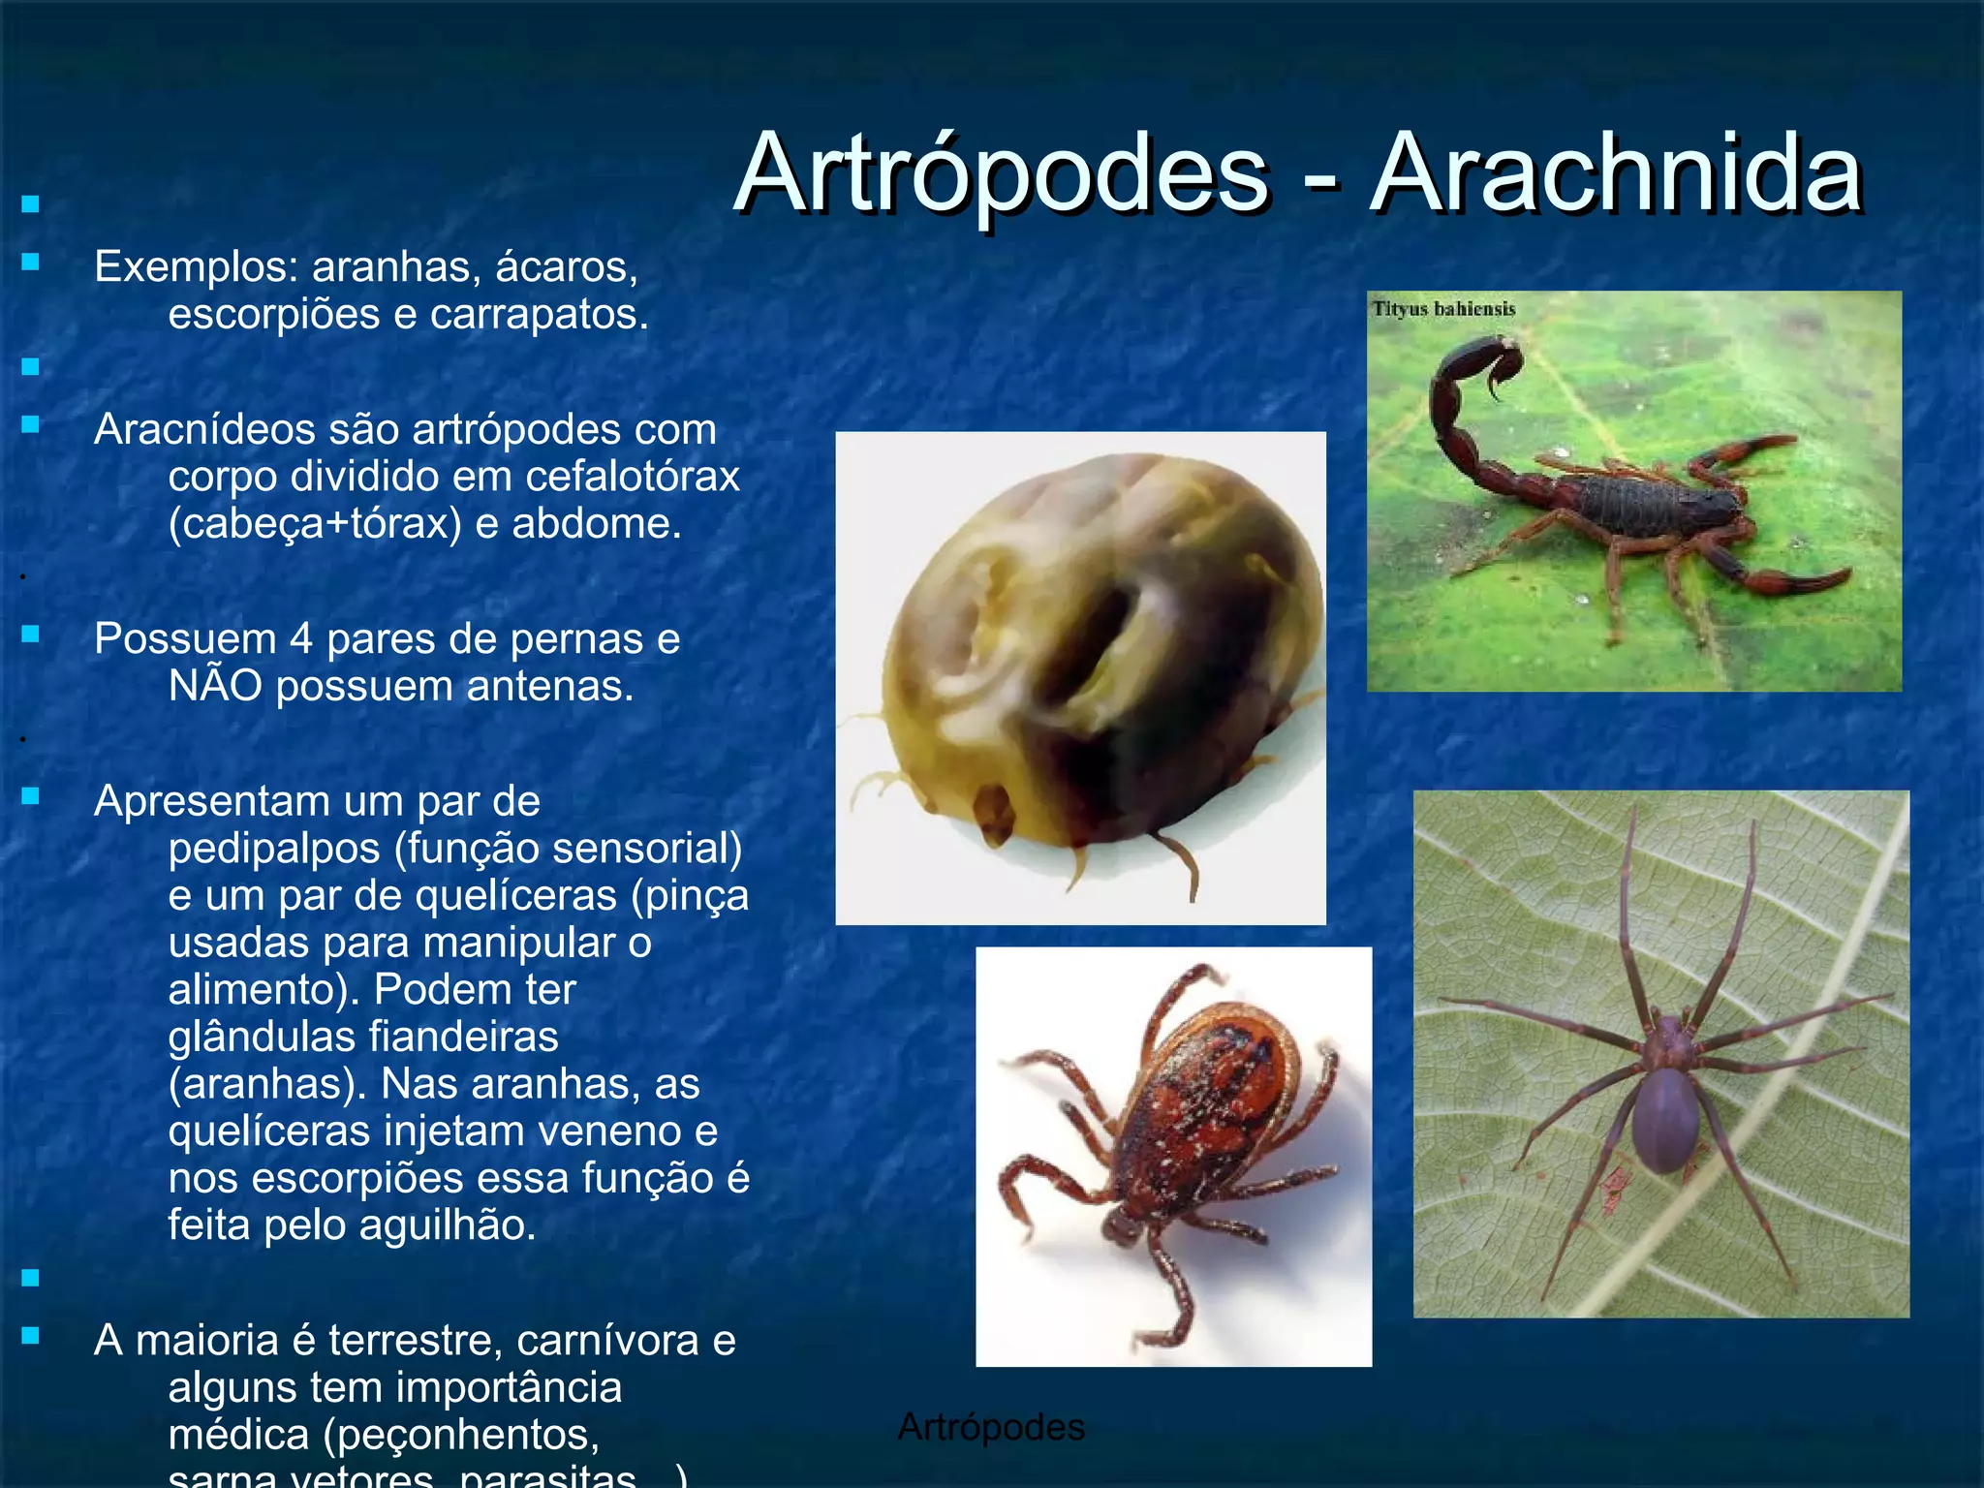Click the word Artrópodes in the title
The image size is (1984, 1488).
(1001, 174)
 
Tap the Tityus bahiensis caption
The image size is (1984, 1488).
(1443, 309)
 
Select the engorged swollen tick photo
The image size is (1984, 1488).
(1080, 677)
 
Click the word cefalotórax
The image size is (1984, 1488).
(633, 477)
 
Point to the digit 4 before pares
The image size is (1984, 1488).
(301, 639)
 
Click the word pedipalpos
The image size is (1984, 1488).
(274, 849)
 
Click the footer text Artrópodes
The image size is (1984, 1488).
(991, 1427)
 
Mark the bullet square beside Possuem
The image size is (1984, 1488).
(31, 635)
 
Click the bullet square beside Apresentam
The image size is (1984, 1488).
(31, 796)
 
